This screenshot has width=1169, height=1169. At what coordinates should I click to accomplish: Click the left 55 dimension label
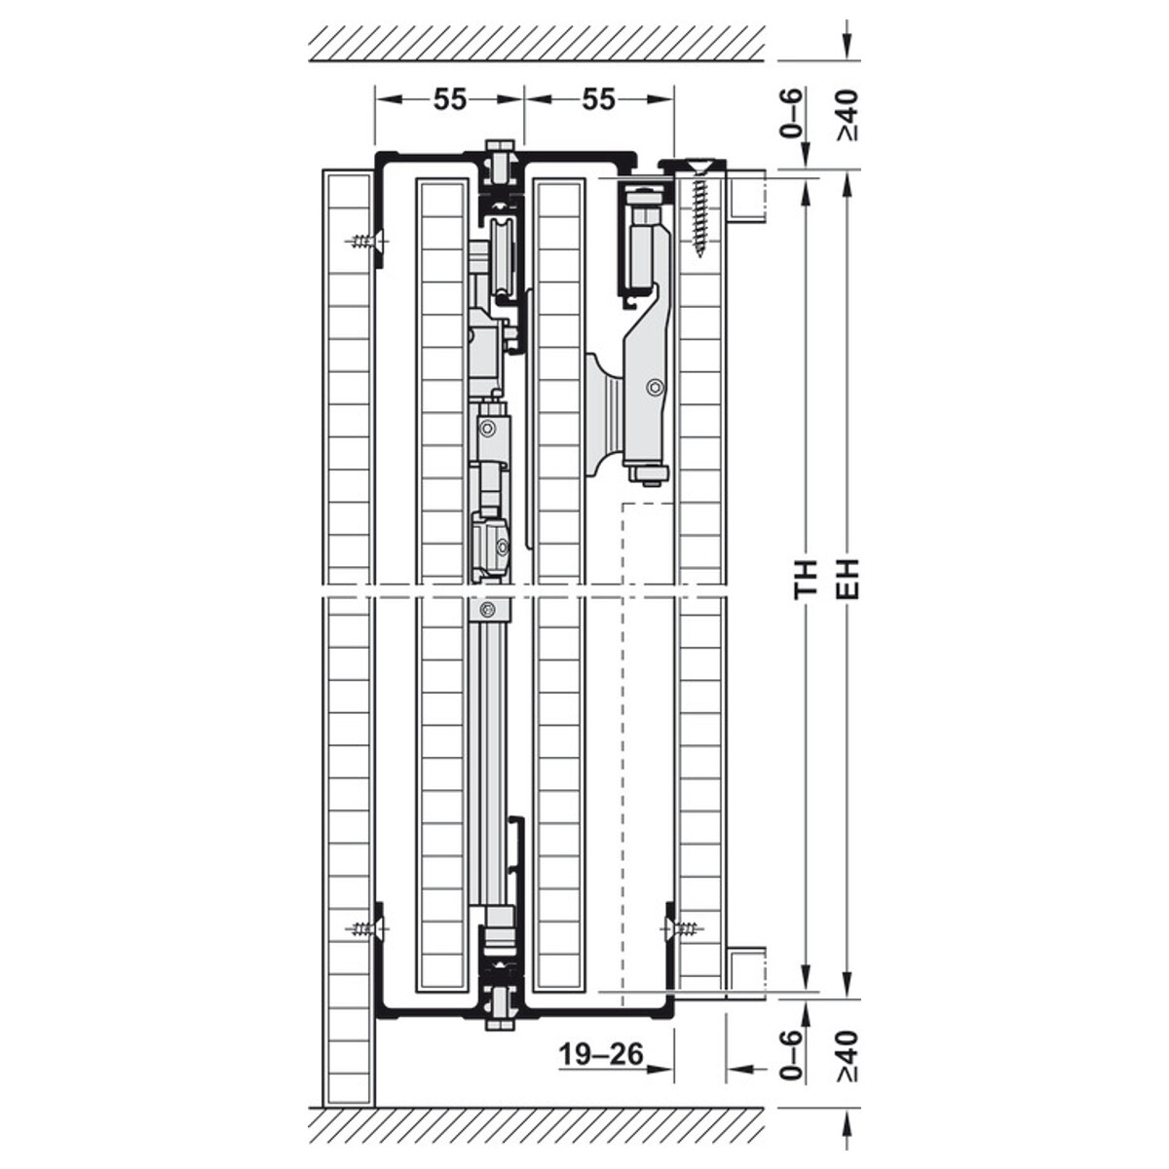(x=450, y=99)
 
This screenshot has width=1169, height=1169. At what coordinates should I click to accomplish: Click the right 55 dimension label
(x=599, y=99)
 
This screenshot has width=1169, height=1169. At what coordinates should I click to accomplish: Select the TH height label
(x=807, y=580)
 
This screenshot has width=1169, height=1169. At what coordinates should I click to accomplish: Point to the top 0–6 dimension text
(x=792, y=113)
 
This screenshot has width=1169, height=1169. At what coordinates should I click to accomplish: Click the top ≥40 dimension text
(x=848, y=115)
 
